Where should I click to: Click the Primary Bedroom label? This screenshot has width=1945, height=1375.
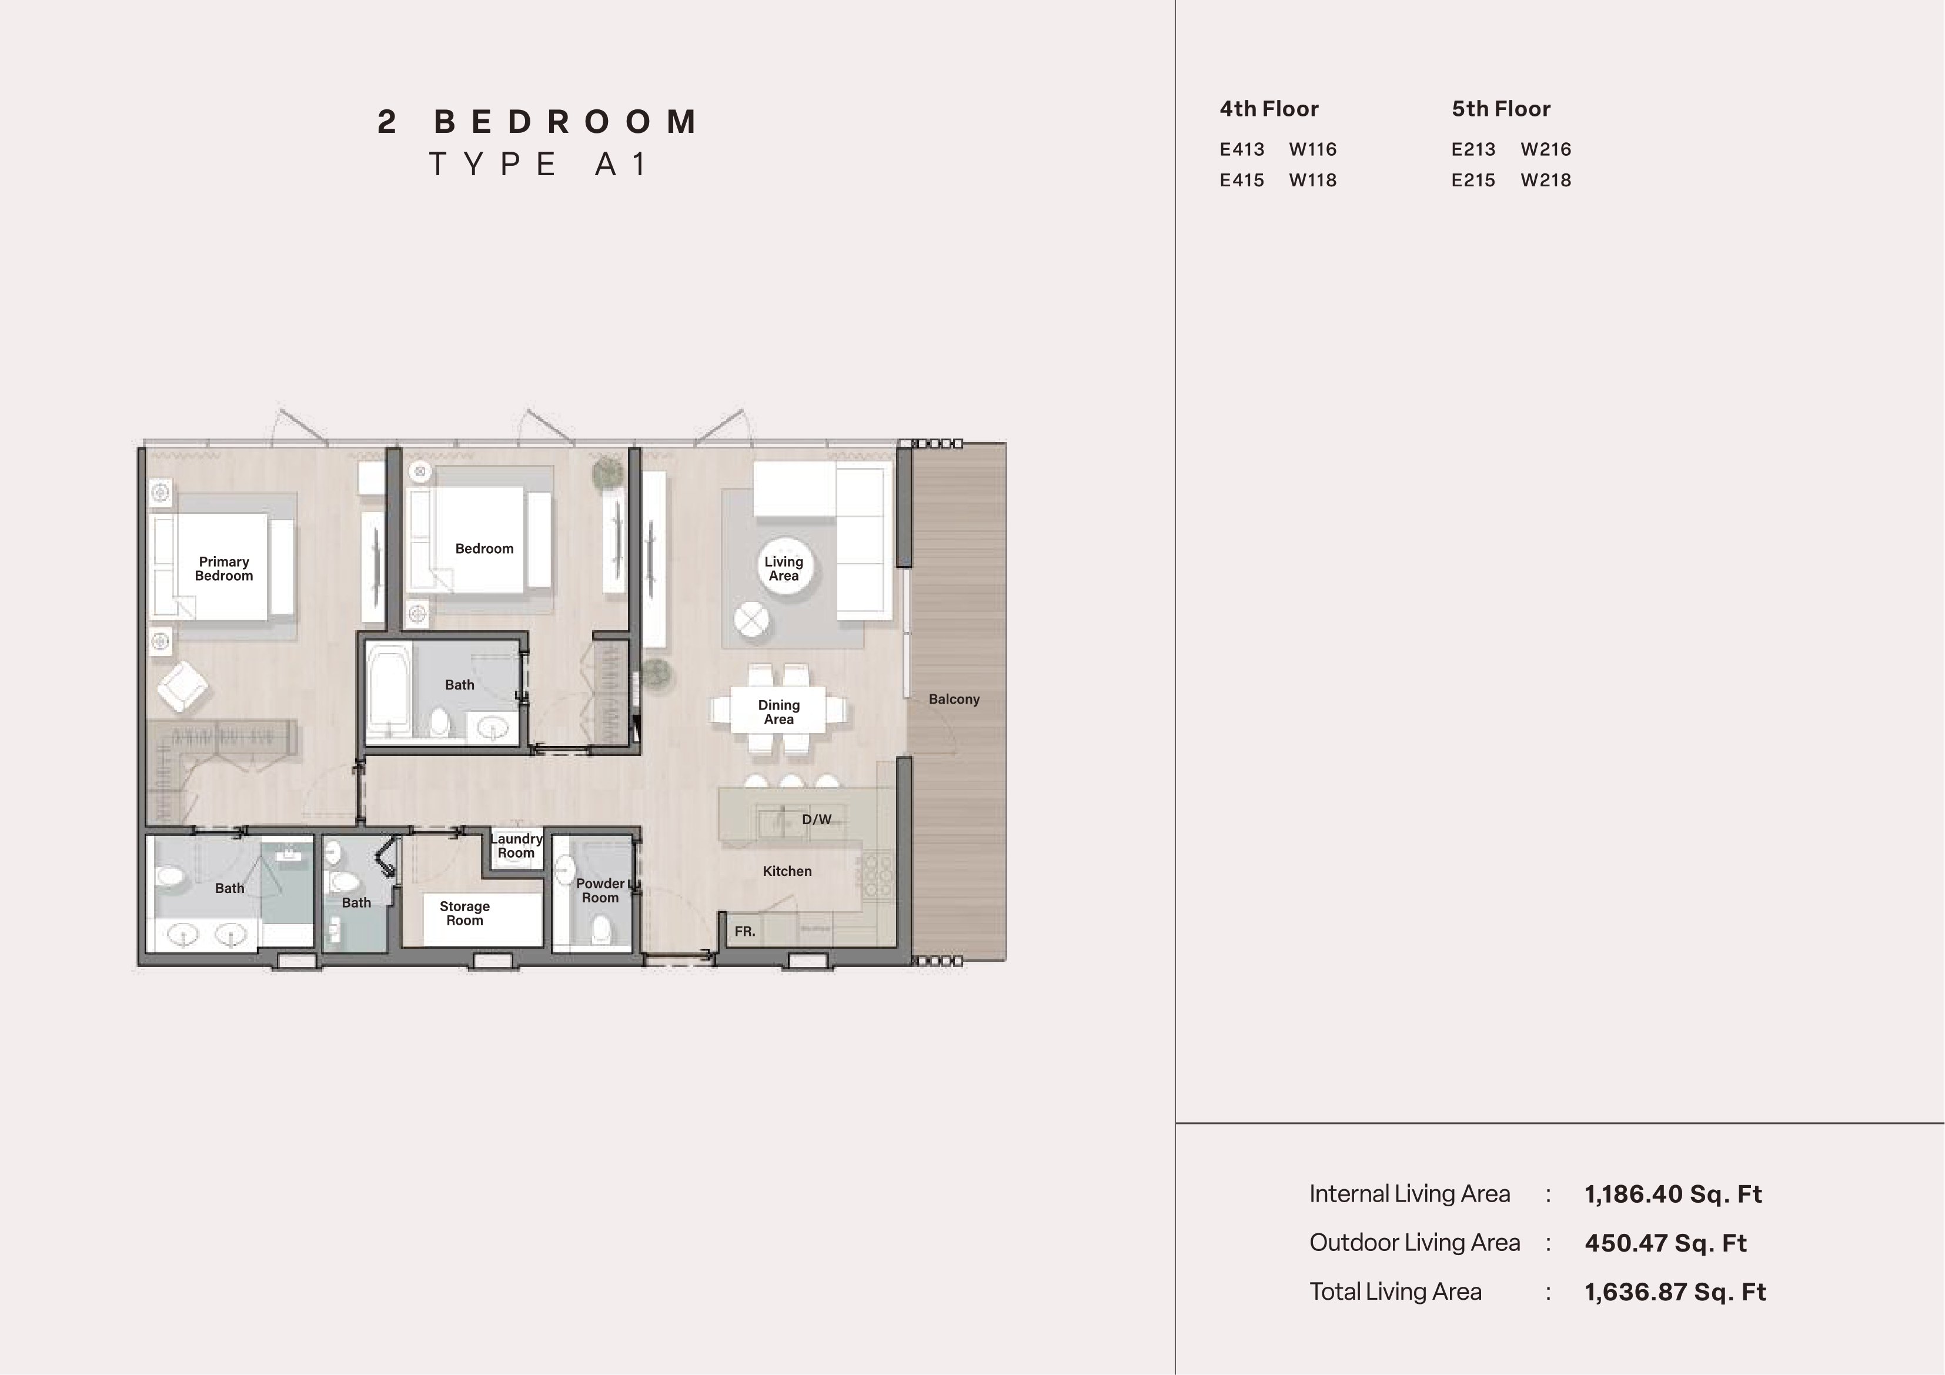click(223, 568)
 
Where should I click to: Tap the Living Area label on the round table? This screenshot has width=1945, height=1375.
click(784, 568)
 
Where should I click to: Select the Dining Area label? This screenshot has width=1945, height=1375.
click(778, 712)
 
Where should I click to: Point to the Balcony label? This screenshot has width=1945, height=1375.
click(954, 699)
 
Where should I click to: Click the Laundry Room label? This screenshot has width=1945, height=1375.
click(516, 845)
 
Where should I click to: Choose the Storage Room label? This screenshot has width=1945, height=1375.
click(464, 914)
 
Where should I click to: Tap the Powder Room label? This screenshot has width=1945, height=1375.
click(600, 891)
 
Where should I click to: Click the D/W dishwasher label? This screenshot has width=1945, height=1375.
click(817, 819)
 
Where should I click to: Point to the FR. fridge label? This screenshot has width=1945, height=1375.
click(744, 931)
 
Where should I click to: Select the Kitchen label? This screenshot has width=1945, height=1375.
click(787, 871)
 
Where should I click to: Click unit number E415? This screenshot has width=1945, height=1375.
click(1242, 180)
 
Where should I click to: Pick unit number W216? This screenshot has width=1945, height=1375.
click(1546, 149)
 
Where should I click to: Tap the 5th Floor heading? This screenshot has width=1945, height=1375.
click(1501, 109)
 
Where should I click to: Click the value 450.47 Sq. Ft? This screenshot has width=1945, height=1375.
click(1666, 1243)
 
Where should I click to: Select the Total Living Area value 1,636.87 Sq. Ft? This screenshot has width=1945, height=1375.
click(1675, 1292)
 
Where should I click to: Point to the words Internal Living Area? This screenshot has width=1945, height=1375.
click(1409, 1194)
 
